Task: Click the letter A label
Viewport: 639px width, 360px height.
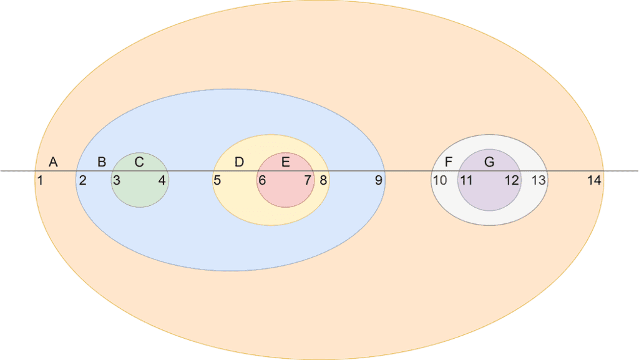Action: [x=53, y=162]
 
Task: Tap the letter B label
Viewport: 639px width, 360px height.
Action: [x=102, y=162]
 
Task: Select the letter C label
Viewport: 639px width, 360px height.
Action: [x=139, y=162]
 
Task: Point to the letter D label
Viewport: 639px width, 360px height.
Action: [x=239, y=162]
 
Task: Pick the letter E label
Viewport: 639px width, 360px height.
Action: [x=286, y=162]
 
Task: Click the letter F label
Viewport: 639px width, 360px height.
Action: [x=448, y=162]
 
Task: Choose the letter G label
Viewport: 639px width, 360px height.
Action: [x=489, y=162]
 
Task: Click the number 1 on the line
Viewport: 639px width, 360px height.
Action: [x=40, y=180]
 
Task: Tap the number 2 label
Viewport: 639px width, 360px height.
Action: [x=83, y=180]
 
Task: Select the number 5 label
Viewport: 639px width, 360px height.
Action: [x=217, y=180]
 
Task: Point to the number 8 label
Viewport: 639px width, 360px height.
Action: [x=323, y=180]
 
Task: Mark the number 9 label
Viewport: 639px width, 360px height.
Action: [x=379, y=180]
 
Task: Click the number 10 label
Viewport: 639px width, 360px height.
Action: [x=440, y=180]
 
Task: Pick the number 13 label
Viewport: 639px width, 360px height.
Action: [x=539, y=180]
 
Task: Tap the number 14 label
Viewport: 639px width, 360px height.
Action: [x=594, y=180]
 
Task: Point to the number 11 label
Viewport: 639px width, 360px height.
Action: [x=466, y=180]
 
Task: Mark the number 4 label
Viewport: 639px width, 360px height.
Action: [x=162, y=180]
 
